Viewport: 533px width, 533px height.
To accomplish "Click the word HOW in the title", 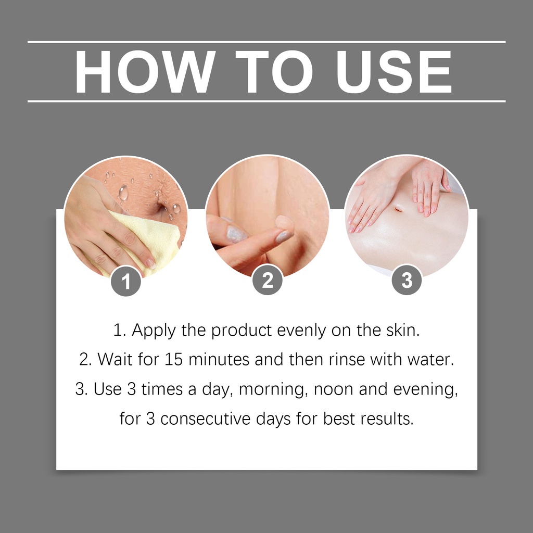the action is (145, 72).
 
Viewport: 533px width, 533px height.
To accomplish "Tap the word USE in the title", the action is (394, 72).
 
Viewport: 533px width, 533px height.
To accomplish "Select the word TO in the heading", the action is (274, 72).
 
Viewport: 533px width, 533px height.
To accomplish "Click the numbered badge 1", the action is (126, 281).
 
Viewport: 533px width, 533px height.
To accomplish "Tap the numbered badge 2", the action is (268, 280).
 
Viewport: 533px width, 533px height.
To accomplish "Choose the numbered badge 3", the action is (407, 280).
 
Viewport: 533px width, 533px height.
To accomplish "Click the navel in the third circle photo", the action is (398, 208).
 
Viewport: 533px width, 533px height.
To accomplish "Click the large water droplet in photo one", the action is (123, 193).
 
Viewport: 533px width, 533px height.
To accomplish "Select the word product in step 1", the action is (242, 331).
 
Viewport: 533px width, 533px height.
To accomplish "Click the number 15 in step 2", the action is (174, 360).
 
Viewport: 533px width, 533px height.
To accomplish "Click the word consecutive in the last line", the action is (205, 419).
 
